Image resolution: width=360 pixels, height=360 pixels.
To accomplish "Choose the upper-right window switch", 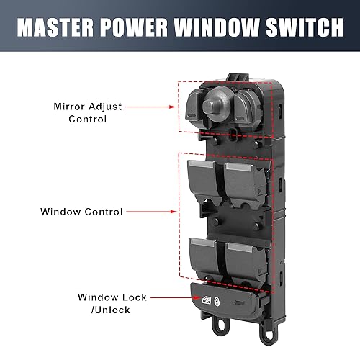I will coord(244,179).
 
